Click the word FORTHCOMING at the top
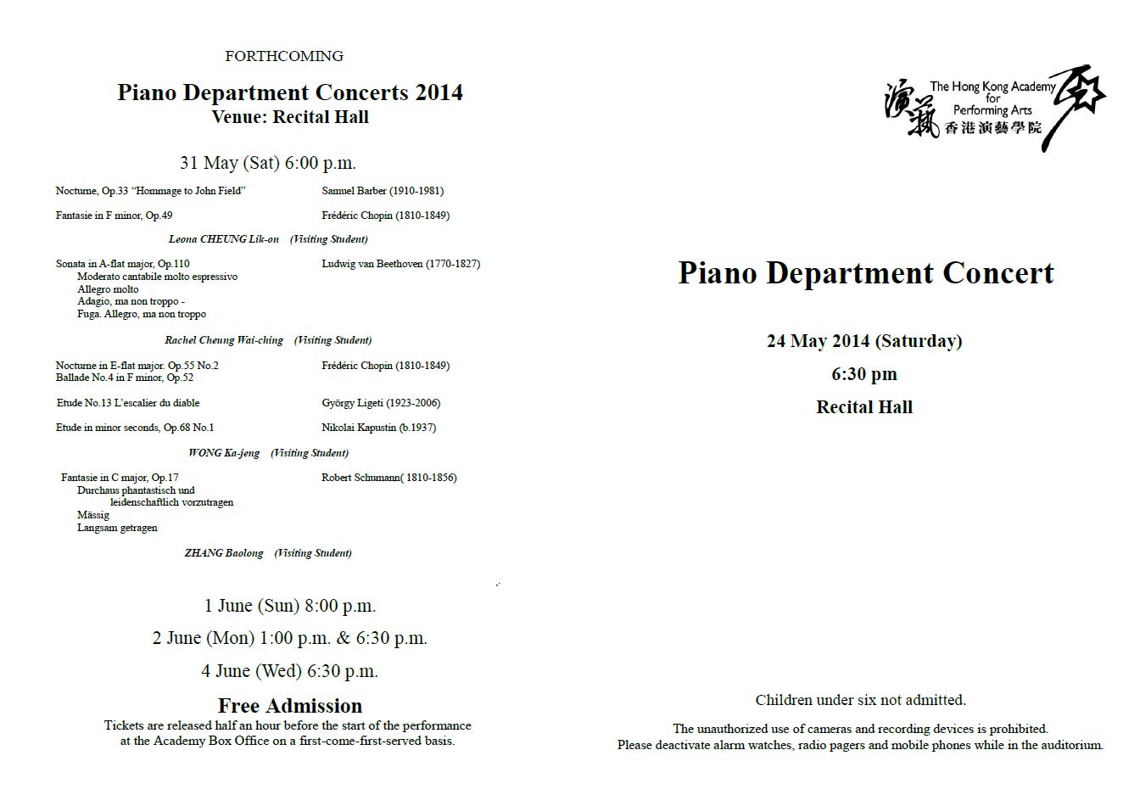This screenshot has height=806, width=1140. point(284,56)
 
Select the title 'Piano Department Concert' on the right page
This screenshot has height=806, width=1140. point(865,273)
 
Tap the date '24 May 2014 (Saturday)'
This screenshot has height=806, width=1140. point(864,341)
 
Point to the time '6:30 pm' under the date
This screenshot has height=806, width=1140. point(864,374)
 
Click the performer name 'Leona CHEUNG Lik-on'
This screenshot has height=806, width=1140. point(224,239)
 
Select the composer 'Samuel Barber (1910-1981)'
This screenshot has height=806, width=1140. point(383,191)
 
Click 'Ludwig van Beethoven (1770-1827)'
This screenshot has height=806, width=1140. point(400,264)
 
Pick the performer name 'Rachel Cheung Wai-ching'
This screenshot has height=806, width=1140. point(224,340)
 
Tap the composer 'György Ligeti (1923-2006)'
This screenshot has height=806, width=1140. point(381,403)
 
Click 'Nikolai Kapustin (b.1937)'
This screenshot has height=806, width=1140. point(378,428)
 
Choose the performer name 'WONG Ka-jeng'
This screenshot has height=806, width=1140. point(224,453)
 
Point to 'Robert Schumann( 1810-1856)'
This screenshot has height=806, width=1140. point(388,478)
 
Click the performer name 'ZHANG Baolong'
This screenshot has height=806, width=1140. point(224,553)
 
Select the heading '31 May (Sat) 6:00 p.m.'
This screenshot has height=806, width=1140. point(268,163)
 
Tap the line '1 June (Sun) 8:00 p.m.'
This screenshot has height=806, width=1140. point(290,606)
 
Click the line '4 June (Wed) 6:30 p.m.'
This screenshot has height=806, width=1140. point(290,671)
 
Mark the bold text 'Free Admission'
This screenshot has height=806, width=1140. point(290,706)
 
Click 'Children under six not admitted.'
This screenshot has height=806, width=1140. point(860,700)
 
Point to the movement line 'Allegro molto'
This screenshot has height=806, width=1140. point(108,289)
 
